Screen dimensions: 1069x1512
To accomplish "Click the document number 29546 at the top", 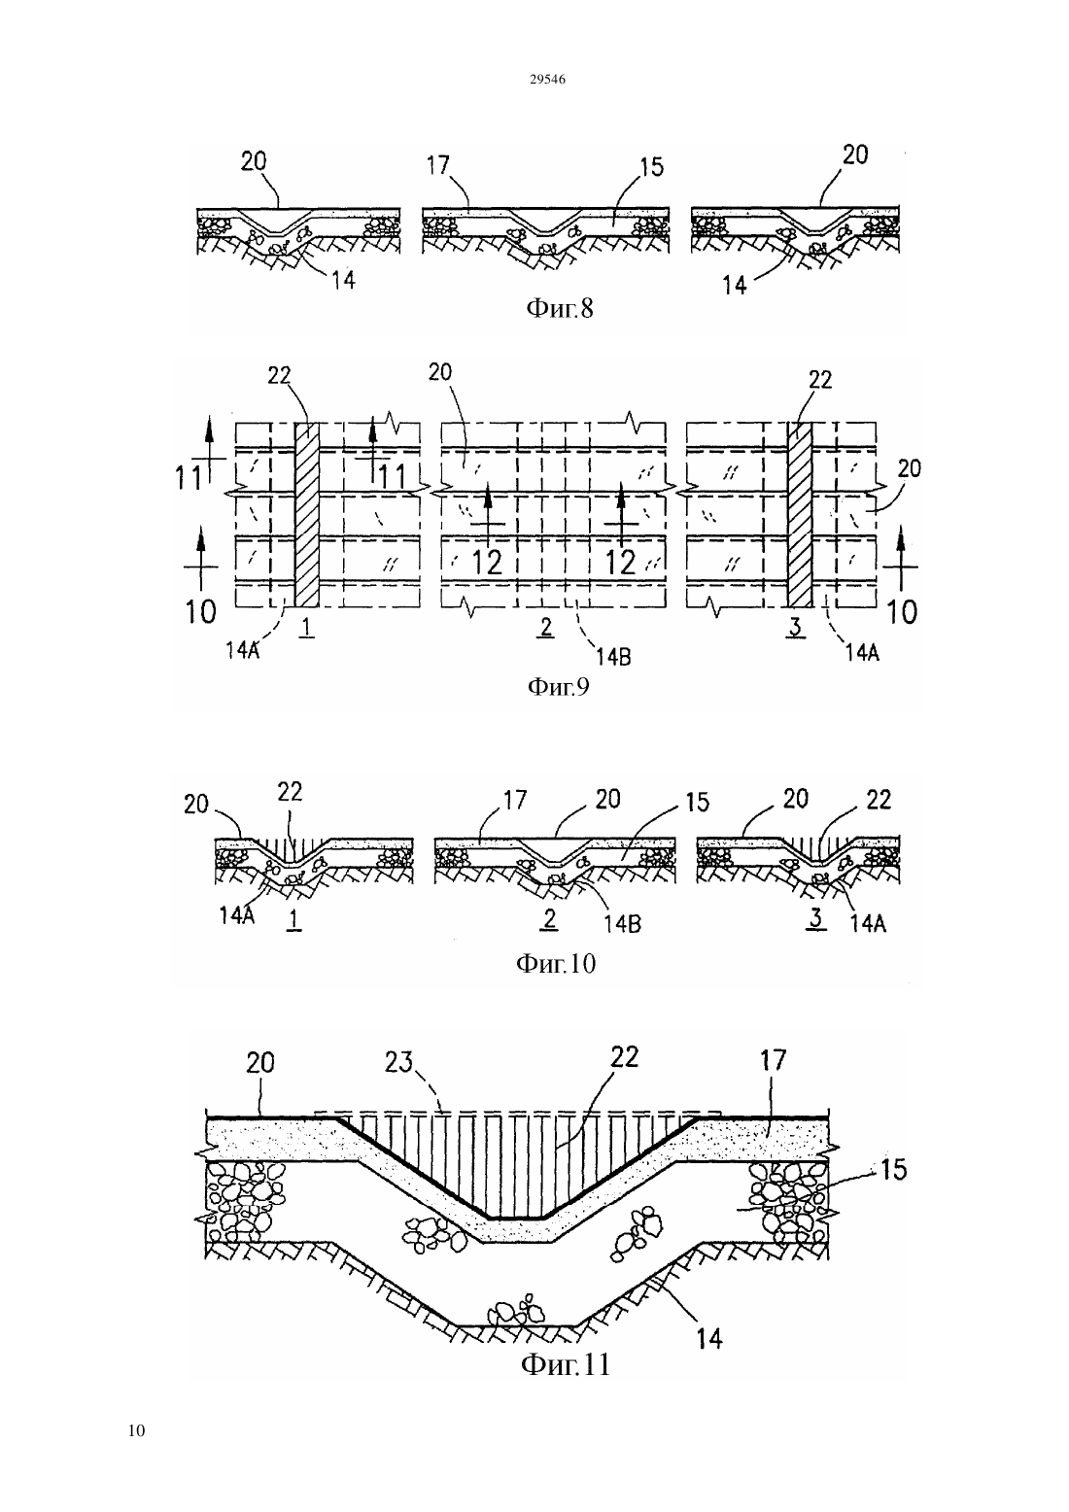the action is (x=547, y=80).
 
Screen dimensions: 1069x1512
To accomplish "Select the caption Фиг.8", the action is (x=560, y=308).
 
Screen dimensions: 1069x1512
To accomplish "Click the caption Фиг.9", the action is (x=559, y=686).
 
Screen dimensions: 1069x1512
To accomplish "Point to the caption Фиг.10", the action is (x=556, y=963).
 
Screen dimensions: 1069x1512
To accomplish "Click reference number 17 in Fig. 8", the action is (x=438, y=164).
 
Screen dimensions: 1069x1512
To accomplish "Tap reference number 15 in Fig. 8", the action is (x=652, y=167).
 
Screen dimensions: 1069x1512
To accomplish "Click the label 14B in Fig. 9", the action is (x=613, y=656).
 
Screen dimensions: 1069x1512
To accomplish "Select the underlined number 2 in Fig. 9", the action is (x=546, y=628).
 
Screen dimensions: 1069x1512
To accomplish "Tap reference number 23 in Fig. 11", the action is (x=398, y=1062).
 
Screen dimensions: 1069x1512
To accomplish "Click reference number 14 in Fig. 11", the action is (x=709, y=1338).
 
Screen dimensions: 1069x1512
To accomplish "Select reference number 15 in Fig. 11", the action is (x=893, y=1169).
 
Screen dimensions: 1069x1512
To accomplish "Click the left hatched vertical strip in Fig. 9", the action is (x=308, y=514).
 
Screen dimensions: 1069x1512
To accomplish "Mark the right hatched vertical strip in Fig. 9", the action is (x=800, y=514).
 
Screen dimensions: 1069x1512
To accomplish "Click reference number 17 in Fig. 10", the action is (x=515, y=800).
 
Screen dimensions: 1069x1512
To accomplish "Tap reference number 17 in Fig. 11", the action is (x=774, y=1060).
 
